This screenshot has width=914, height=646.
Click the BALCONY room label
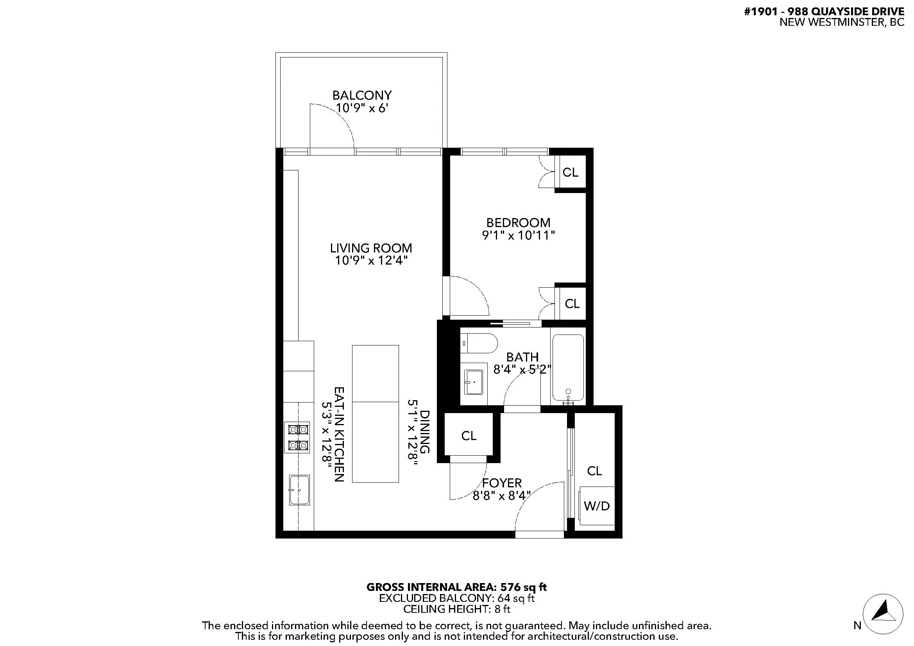[x=362, y=95]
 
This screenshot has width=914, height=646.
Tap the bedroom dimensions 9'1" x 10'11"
[x=518, y=236]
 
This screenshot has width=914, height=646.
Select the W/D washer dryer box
[x=596, y=505]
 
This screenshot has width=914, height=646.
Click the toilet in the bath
[x=479, y=344]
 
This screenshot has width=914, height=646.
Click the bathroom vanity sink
[x=474, y=383]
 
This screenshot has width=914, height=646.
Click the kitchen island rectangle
[x=375, y=413]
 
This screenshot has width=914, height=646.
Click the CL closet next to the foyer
[x=469, y=436]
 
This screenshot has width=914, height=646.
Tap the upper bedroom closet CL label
[x=570, y=172]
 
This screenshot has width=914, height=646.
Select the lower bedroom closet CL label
[x=572, y=304]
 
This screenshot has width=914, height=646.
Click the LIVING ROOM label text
[x=370, y=248]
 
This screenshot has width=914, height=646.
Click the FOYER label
[x=501, y=483]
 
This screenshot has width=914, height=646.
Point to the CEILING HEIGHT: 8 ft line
[x=456, y=608]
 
